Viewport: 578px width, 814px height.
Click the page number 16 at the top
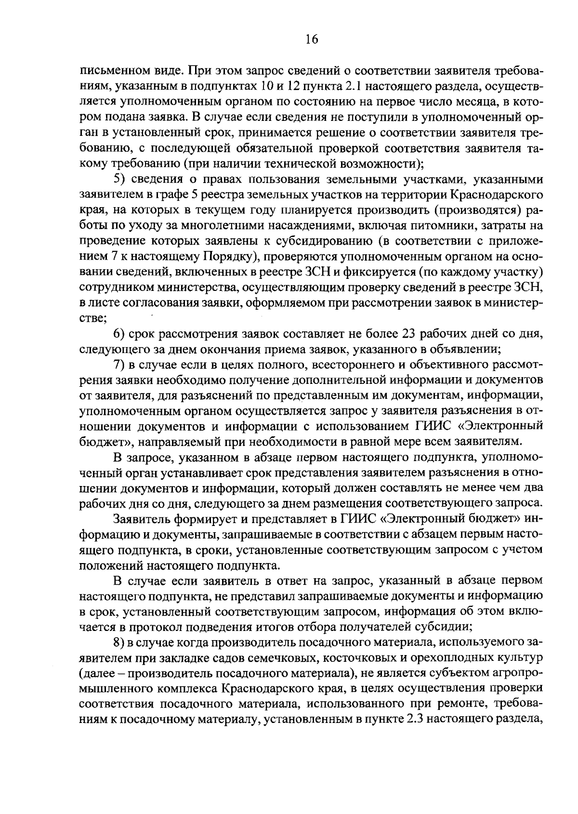[312, 39]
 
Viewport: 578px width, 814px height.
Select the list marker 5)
[120, 179]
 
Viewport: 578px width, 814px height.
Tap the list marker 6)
[120, 334]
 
